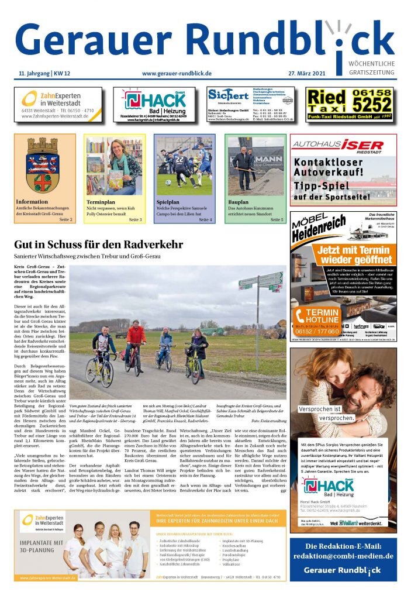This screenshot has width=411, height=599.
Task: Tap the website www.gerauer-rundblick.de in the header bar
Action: [x=177, y=74]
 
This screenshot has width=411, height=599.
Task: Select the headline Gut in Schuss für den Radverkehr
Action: [x=98, y=245]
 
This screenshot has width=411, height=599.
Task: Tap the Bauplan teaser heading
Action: [x=239, y=202]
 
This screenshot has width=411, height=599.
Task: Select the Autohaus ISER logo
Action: [x=337, y=144]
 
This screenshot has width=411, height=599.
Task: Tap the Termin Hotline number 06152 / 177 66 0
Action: [x=319, y=331]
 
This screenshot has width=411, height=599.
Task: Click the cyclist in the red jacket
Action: [x=136, y=342]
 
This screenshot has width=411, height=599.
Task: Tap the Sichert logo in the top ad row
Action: [x=228, y=95]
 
